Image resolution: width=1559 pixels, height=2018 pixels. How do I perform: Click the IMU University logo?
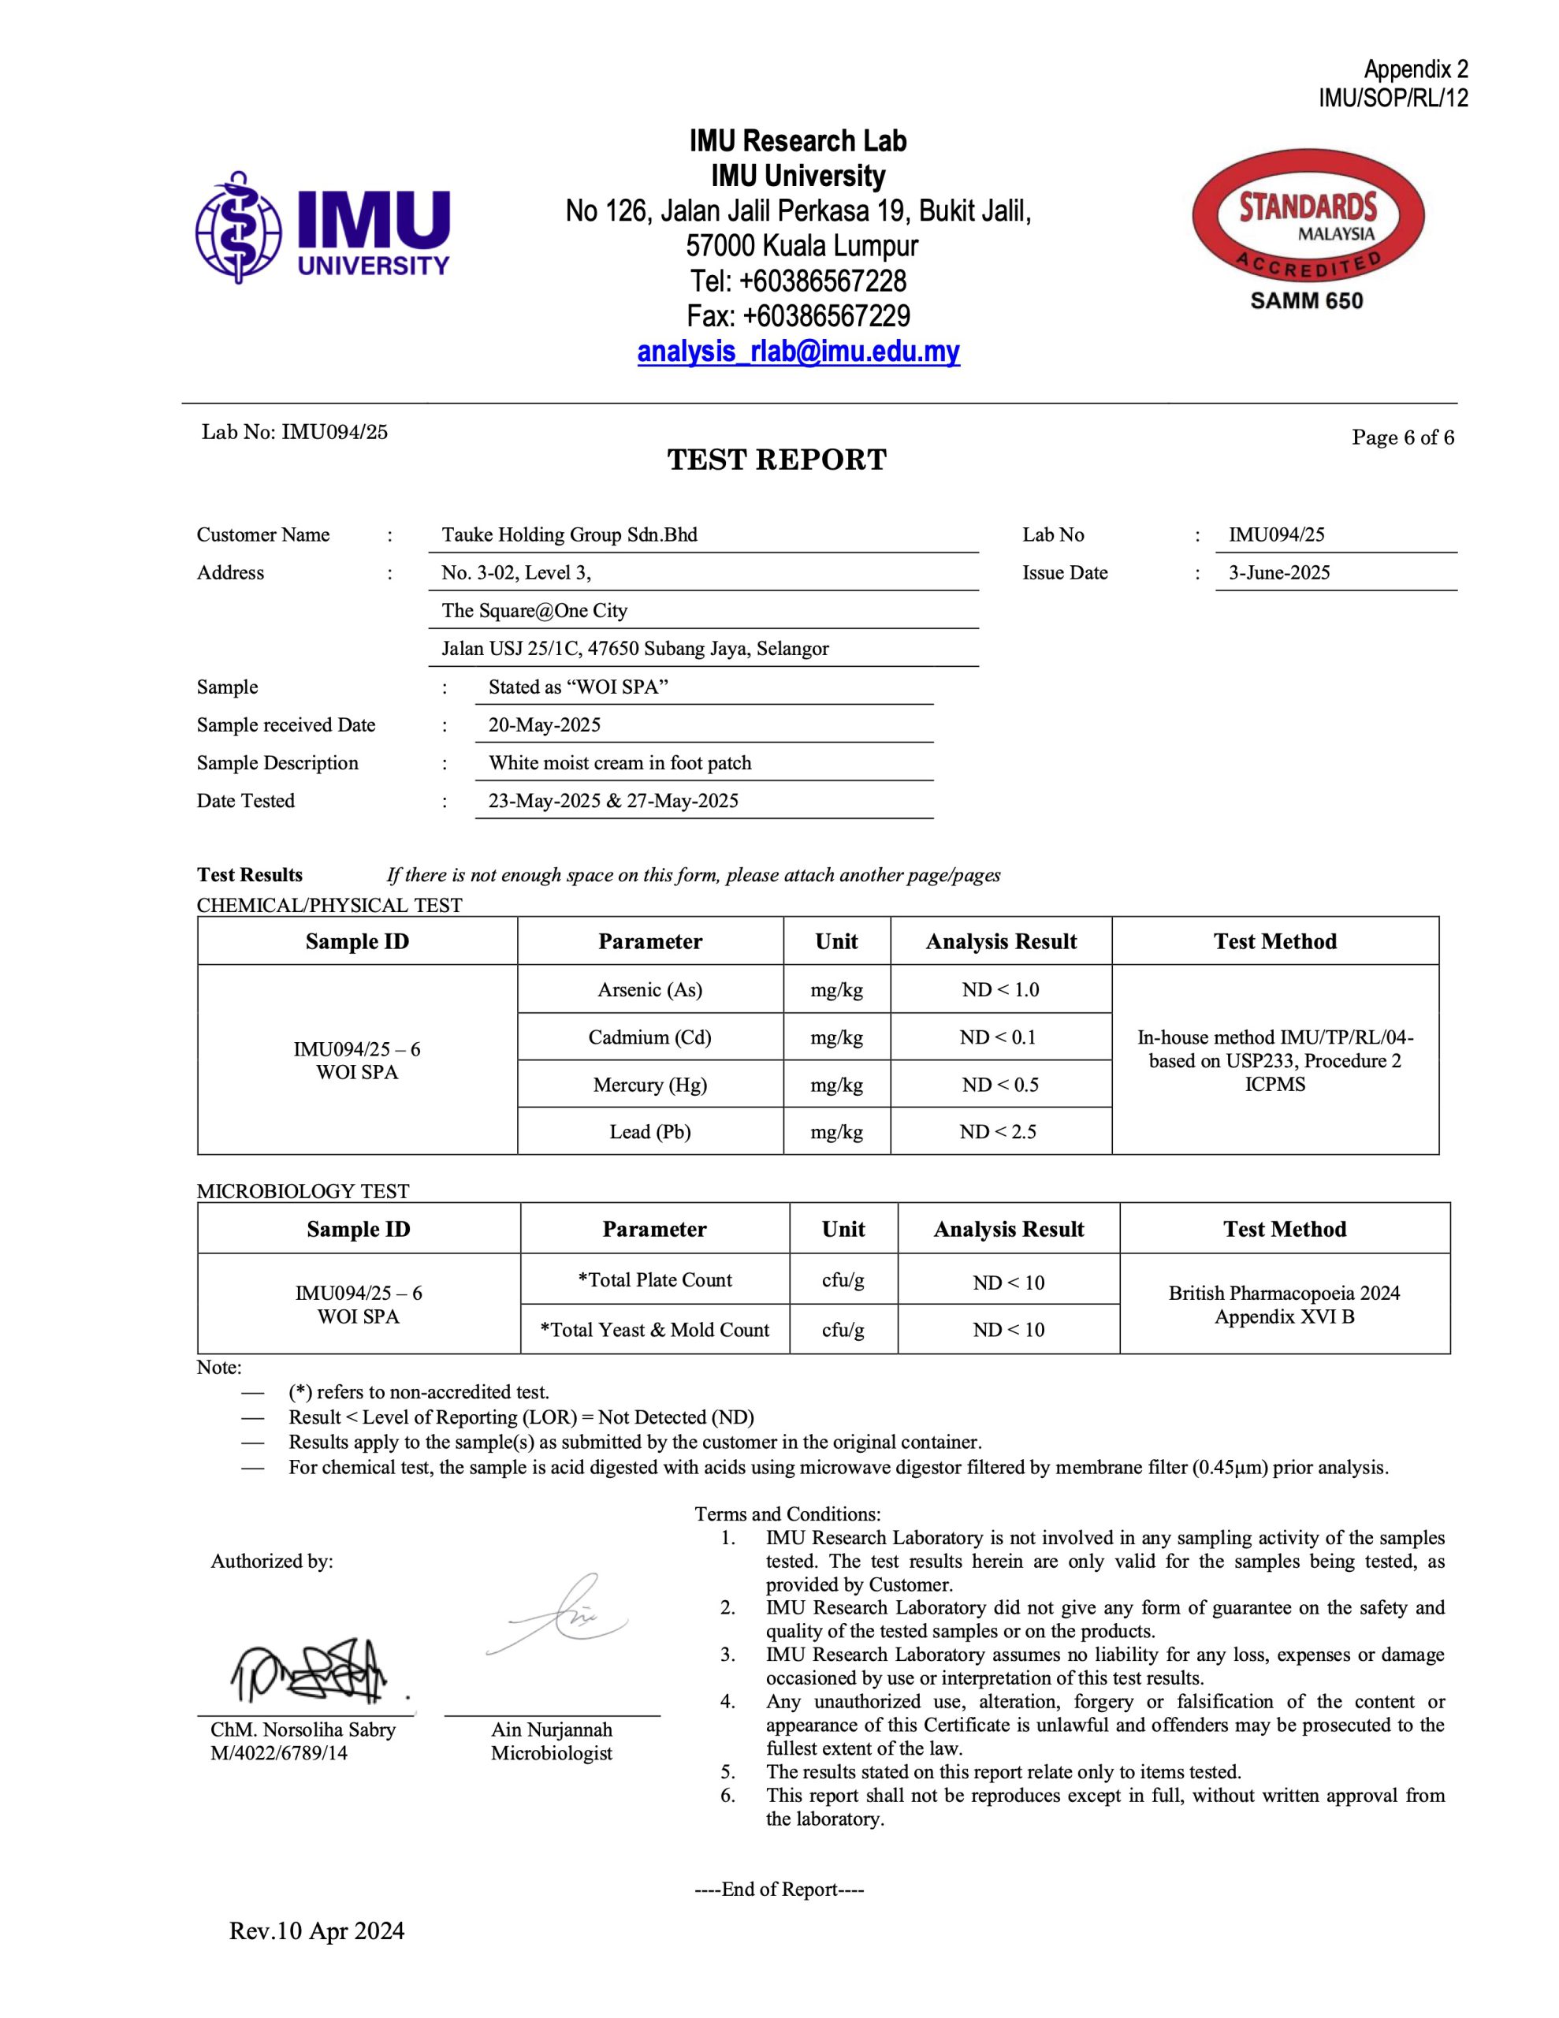[322, 227]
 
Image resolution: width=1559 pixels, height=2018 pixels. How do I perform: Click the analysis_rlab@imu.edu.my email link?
[798, 352]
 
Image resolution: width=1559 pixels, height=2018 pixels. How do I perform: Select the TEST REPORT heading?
[776, 460]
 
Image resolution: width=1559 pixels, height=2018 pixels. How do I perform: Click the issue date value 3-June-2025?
[1278, 573]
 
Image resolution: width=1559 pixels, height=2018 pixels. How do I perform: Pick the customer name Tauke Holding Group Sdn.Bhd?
[569, 535]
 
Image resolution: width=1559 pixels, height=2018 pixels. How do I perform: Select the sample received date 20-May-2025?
[545, 725]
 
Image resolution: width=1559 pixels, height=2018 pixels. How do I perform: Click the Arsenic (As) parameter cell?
[649, 989]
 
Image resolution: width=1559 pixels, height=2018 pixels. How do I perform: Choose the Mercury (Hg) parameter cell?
[649, 1085]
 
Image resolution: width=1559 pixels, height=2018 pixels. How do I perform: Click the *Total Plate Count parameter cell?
[654, 1279]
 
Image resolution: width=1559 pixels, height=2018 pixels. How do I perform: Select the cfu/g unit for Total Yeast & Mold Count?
[843, 1330]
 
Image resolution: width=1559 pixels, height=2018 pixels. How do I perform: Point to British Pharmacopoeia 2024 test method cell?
[1284, 1305]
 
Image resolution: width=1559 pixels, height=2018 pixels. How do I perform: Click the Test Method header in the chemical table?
[1274, 941]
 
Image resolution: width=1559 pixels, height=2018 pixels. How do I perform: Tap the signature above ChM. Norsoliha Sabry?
[309, 1670]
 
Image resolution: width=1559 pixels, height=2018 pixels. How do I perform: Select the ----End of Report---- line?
[779, 1890]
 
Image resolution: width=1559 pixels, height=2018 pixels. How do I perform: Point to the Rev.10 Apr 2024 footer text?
[316, 1931]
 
